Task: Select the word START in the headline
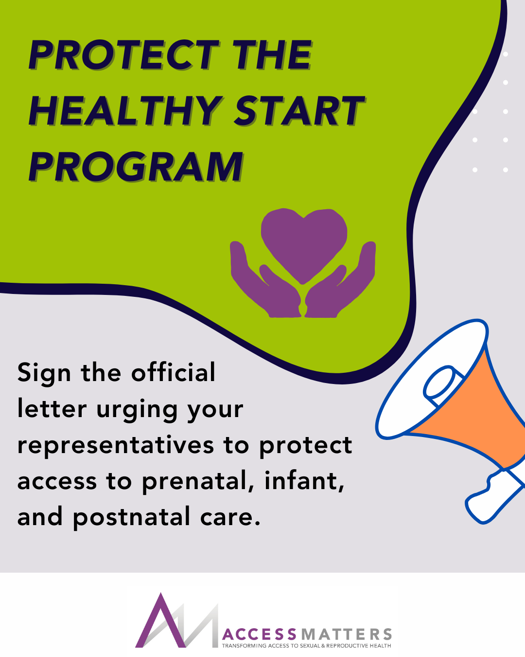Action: pyautogui.click(x=299, y=110)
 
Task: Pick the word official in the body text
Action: pyautogui.click(x=173, y=372)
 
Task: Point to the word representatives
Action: pyautogui.click(x=116, y=445)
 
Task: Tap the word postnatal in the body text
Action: pyautogui.click(x=132, y=518)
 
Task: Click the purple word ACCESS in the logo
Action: pyautogui.click(x=259, y=635)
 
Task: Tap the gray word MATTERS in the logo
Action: pyautogui.click(x=346, y=635)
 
